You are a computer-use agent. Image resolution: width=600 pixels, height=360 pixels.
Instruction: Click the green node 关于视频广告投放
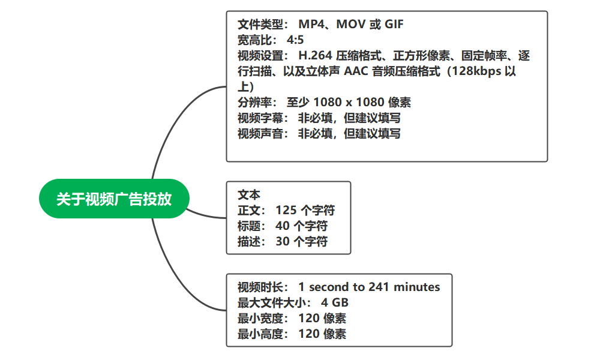tap(114, 199)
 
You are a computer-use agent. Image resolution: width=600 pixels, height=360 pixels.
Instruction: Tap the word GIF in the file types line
tap(394, 25)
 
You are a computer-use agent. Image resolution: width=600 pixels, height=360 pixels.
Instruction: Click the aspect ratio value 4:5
tap(295, 40)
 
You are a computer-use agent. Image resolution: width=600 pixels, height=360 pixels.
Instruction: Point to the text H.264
tap(315, 55)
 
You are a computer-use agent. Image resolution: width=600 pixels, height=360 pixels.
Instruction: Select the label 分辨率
tap(254, 103)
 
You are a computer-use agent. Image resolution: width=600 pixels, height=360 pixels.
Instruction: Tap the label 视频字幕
tap(260, 118)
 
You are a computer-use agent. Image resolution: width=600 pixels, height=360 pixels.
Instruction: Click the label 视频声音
tap(260, 134)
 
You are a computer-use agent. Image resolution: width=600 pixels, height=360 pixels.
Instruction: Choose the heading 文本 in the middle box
tap(249, 195)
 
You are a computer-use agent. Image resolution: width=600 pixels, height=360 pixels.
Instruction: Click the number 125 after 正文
tap(286, 211)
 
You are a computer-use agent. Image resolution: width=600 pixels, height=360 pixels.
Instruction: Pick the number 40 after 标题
tap(283, 226)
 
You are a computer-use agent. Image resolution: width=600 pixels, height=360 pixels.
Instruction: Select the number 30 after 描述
tap(283, 242)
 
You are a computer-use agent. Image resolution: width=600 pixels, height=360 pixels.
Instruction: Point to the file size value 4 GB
tap(335, 302)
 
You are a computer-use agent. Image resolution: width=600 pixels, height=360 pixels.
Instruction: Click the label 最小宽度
tap(260, 318)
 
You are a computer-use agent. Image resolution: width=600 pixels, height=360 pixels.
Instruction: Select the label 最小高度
tap(260, 334)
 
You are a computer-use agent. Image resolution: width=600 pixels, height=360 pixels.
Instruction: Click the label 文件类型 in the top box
tap(260, 25)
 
